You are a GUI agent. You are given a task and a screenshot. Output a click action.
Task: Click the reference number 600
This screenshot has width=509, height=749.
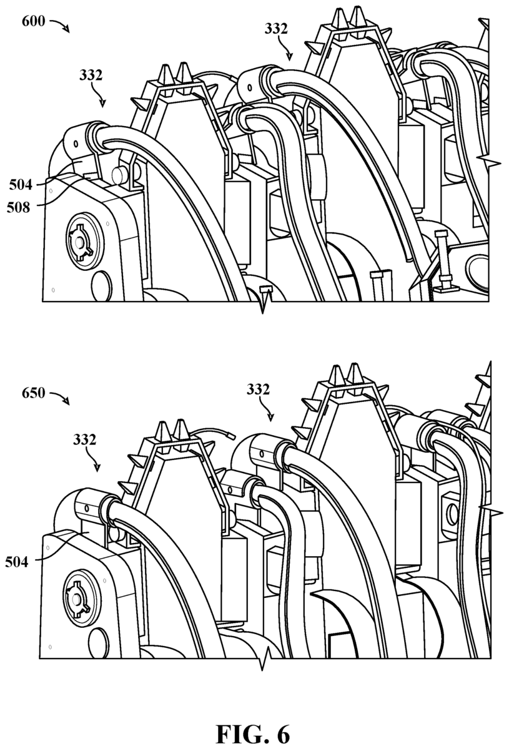tap(34, 22)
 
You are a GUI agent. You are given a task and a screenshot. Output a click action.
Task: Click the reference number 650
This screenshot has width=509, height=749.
tap(34, 393)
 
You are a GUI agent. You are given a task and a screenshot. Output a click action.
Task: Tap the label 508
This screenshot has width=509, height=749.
tap(18, 208)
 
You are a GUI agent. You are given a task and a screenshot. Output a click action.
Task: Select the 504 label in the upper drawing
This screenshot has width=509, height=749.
tap(21, 185)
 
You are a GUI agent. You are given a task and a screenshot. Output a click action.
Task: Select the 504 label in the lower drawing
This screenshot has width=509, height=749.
tap(17, 562)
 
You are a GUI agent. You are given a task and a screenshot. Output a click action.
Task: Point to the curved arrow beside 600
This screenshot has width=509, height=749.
tap(59, 26)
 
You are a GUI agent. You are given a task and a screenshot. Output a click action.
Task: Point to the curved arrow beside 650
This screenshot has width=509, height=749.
tap(59, 398)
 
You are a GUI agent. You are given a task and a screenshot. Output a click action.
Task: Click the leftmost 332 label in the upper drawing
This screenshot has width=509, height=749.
tap(91, 76)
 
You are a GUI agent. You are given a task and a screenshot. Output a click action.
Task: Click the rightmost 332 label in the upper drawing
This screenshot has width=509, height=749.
tap(276, 29)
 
